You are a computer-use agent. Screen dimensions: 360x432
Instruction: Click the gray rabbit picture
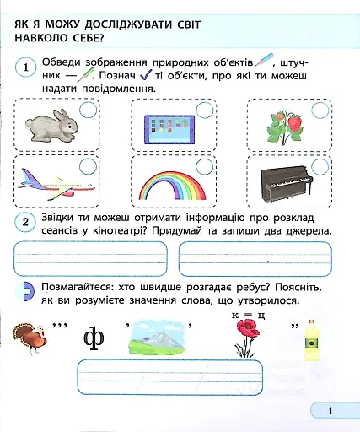[x=51, y=125]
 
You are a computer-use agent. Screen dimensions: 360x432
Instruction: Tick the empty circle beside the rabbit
[x=88, y=111]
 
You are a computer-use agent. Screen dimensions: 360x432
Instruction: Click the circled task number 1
[x=27, y=67]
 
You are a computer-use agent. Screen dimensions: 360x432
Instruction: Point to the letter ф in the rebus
[x=94, y=339]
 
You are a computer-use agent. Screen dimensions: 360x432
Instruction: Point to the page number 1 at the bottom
[x=331, y=411]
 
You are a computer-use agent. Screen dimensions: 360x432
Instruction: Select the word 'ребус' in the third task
[x=244, y=288]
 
